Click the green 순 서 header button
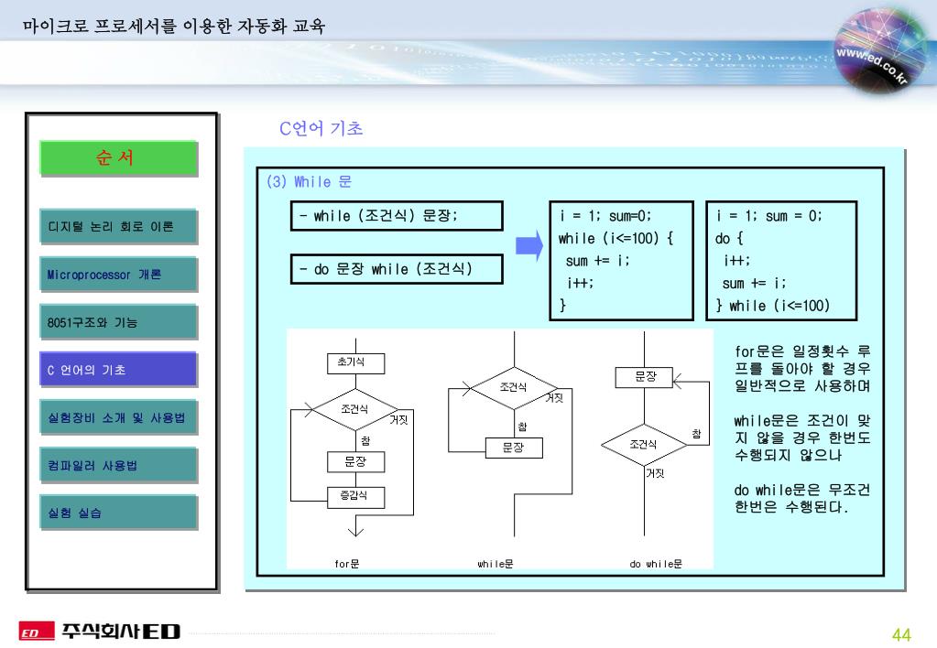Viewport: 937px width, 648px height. pyautogui.click(x=118, y=157)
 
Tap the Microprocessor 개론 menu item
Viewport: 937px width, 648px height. pyautogui.click(x=118, y=274)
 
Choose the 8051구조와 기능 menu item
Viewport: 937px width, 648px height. pyautogui.click(x=118, y=322)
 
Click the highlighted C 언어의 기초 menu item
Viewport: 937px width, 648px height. pyautogui.click(x=118, y=370)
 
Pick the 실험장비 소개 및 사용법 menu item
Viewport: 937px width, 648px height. pyautogui.click(x=118, y=417)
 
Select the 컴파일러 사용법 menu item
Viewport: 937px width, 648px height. pyautogui.click(x=118, y=465)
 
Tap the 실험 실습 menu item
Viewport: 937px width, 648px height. pyautogui.click(x=118, y=513)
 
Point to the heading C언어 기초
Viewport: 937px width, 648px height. pyautogui.click(x=321, y=129)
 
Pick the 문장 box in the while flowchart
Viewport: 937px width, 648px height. pyautogui.click(x=513, y=448)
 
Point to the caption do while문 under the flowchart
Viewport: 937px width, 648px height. pyautogui.click(x=656, y=564)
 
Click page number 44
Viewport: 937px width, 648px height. pyautogui.click(x=901, y=635)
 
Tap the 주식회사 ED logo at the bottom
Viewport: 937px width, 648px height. pyautogui.click(x=101, y=632)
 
